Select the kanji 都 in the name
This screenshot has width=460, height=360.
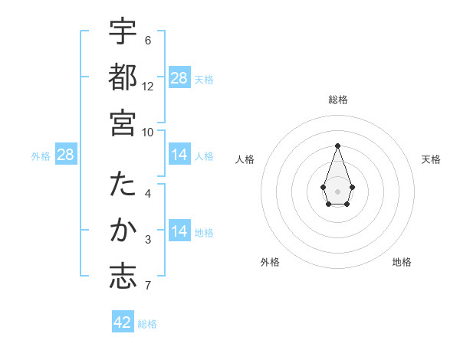123,77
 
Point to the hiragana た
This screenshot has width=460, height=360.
123,185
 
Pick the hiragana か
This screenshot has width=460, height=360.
123,231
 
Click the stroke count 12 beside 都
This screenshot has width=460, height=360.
148,87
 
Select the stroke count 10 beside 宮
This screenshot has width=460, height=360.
148,132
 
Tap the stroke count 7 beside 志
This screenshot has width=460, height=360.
148,286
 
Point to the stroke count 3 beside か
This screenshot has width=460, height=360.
148,241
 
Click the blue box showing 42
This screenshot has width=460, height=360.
123,322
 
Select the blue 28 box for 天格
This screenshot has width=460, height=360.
179,78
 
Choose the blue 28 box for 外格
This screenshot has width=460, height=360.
66,155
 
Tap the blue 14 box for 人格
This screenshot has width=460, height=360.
179,155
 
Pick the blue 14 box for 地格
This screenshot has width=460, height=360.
179,231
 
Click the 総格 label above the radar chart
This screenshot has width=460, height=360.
338,100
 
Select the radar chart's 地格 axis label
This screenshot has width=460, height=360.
402,262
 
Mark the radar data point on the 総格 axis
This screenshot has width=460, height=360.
337,145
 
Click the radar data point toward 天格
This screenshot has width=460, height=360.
352,187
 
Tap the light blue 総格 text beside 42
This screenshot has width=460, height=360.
147,323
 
